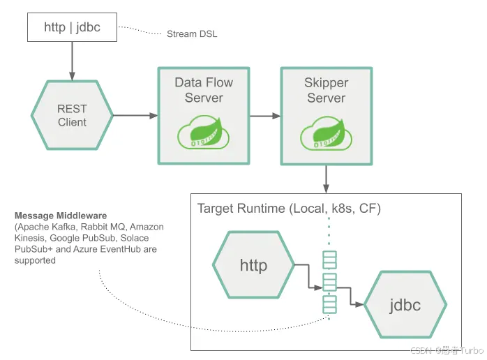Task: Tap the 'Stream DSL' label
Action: coord(192,33)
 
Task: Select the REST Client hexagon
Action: coord(72,115)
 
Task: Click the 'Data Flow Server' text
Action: coord(203,90)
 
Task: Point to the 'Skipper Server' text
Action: coord(326,90)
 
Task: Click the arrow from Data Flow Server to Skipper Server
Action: coord(264,116)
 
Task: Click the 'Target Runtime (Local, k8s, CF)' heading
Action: coord(289,209)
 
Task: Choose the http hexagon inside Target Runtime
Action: coord(253,266)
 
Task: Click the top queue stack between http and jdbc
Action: coord(329,260)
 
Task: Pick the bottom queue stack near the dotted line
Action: coord(329,304)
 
